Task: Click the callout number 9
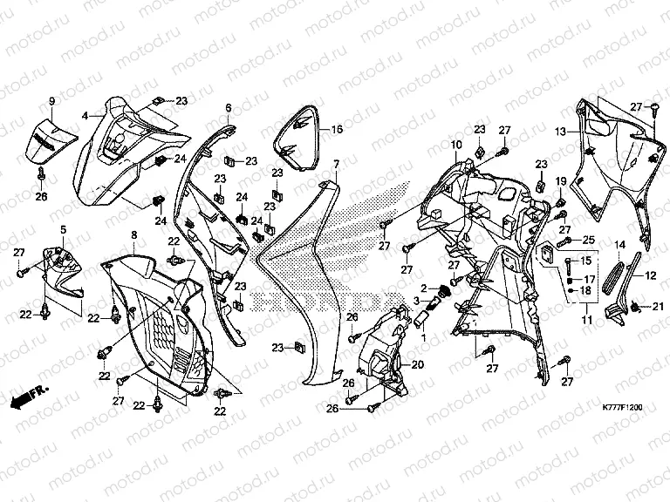pyautogui.click(x=52, y=101)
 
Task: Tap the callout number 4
pyautogui.click(x=85, y=116)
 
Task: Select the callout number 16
pyautogui.click(x=337, y=129)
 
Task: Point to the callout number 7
pyautogui.click(x=337, y=165)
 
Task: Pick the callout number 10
pyautogui.click(x=456, y=145)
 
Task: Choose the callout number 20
pyautogui.click(x=418, y=364)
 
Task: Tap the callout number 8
pyautogui.click(x=134, y=234)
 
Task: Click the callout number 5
pyautogui.click(x=63, y=230)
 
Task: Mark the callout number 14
pyautogui.click(x=619, y=245)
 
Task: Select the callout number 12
pyautogui.click(x=650, y=275)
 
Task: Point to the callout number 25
pyautogui.click(x=589, y=240)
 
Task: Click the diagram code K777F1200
pyautogui.click(x=622, y=408)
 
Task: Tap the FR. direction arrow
pyautogui.click(x=29, y=397)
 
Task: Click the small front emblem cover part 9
pyautogui.click(x=51, y=141)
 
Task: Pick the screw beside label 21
pyautogui.click(x=635, y=306)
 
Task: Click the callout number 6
pyautogui.click(x=229, y=107)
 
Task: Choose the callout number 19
pyautogui.click(x=561, y=181)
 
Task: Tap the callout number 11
pyautogui.click(x=587, y=319)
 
